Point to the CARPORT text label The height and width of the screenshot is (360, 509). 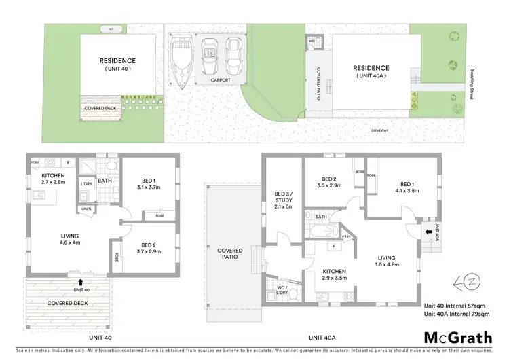[x=221, y=80]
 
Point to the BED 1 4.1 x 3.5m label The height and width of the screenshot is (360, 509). [x=407, y=187]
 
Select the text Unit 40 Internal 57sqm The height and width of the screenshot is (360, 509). [x=456, y=306]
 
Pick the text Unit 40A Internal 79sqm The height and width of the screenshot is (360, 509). [x=457, y=314]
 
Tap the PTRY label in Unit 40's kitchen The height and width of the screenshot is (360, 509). [x=34, y=162]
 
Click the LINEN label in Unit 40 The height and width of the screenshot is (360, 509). [x=86, y=208]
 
